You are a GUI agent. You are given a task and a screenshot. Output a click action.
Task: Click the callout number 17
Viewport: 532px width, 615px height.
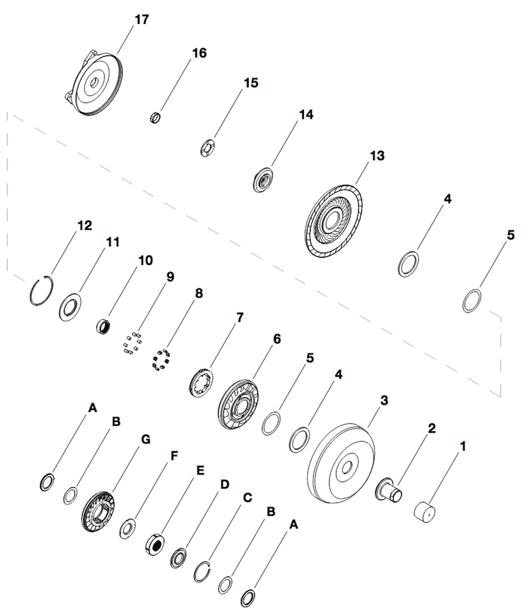(142, 19)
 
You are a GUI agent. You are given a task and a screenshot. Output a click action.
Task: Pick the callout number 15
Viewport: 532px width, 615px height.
(251, 83)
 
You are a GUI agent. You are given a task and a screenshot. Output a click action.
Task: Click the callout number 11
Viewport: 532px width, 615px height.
(113, 242)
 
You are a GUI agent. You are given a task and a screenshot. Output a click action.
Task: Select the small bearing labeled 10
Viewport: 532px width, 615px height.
(104, 326)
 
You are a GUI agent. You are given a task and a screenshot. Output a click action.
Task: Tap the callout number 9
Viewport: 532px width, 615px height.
(170, 276)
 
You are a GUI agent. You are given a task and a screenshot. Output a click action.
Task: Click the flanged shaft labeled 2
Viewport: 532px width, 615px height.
(392, 490)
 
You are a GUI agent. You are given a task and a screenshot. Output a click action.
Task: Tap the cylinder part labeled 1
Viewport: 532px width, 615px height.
(426, 514)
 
